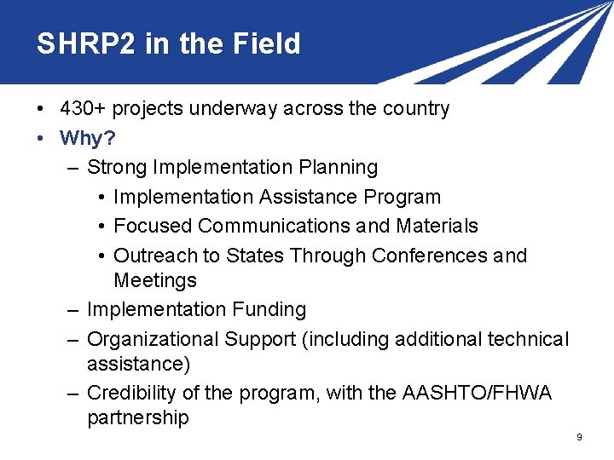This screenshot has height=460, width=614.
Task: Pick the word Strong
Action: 117,167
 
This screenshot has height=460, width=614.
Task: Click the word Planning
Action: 338,167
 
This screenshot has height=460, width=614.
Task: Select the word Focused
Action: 153,226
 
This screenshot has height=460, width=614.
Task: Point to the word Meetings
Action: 155,280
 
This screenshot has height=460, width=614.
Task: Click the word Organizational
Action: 153,339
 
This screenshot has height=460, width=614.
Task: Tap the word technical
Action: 528,339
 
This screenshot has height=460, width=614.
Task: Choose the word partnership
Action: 137,418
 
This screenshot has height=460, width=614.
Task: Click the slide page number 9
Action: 579,438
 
